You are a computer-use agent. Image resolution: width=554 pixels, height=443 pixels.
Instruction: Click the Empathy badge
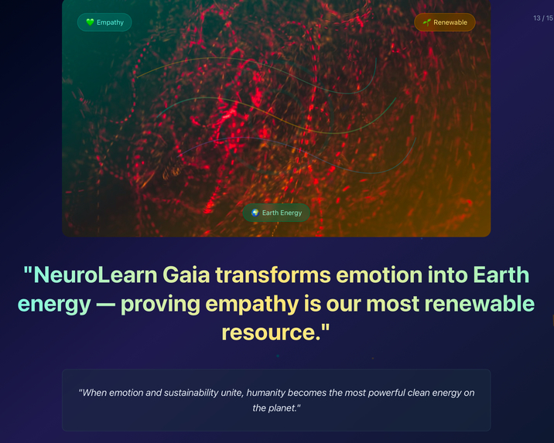point(104,22)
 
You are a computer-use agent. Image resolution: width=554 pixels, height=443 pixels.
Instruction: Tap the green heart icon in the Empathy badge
point(90,22)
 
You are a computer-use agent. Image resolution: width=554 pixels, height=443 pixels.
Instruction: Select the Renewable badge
point(445,22)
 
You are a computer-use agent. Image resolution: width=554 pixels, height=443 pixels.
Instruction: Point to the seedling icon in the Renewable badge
point(426,22)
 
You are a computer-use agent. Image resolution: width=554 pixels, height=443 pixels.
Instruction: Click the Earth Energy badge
point(276,213)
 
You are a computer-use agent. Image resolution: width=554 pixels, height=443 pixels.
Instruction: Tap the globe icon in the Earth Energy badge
point(255,213)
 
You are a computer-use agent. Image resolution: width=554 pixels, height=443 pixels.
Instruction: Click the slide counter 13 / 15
point(543,19)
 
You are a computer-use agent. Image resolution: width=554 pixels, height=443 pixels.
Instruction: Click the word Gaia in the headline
point(186,274)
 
